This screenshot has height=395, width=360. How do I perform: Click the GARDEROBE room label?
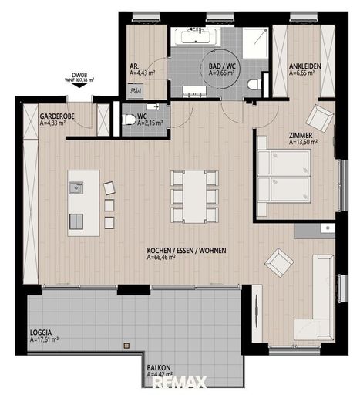pyautogui.click(x=57, y=116)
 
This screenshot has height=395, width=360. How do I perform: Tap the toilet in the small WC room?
pyautogui.click(x=129, y=120)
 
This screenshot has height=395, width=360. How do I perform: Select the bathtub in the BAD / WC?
pyautogui.click(x=196, y=37)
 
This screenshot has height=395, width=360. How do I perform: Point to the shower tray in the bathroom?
pyautogui.click(x=255, y=43)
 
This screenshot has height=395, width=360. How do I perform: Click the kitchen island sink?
pyautogui.click(x=76, y=187)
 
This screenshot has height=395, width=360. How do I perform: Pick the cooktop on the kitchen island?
pyautogui.click(x=76, y=221)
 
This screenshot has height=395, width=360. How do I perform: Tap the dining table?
pyautogui.click(x=194, y=197)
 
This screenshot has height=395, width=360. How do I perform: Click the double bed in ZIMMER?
pyautogui.click(x=284, y=177)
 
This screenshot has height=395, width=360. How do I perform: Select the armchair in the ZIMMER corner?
pyautogui.click(x=319, y=118)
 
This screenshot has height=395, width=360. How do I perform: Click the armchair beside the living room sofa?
pyautogui.click(x=279, y=262)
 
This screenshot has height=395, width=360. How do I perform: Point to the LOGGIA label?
pyautogui.click(x=41, y=333)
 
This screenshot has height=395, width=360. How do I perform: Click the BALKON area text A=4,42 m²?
pyautogui.click(x=160, y=374)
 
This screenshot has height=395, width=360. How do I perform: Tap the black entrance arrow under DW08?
pyautogui.click(x=79, y=85)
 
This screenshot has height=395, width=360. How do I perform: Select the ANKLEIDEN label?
pyautogui.click(x=305, y=66)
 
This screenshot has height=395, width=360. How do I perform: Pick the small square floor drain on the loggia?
pyautogui.click(x=126, y=346)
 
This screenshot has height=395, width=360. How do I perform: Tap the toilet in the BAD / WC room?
pyautogui.click(x=254, y=84)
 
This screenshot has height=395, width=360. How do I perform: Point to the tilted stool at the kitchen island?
pyautogui.click(x=109, y=188)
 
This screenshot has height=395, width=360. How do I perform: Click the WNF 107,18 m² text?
pyautogui.click(x=79, y=80)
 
